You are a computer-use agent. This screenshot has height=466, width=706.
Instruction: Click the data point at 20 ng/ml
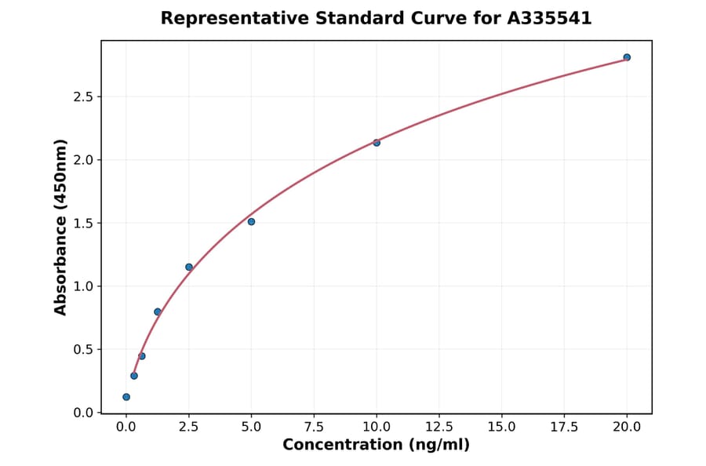pos(627,57)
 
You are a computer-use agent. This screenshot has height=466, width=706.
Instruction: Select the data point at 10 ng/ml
pos(377,143)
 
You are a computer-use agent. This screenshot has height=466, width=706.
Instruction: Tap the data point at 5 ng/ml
pos(251,221)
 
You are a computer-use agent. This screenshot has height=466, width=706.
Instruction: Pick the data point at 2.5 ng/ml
pos(189,267)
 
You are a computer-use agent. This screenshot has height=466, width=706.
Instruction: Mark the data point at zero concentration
pos(126,397)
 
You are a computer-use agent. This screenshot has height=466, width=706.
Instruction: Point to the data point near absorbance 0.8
pos(158,311)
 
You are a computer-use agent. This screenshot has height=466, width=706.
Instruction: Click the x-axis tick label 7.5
pos(314,427)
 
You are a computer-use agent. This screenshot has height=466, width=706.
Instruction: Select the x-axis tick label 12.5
pos(439,427)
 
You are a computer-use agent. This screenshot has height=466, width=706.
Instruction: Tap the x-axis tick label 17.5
pos(564,427)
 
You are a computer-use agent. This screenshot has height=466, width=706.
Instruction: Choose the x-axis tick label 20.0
pos(627,427)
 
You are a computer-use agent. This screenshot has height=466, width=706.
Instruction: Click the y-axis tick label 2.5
pos(84,97)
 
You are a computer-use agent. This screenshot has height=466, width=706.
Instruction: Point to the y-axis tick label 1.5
pos(84,224)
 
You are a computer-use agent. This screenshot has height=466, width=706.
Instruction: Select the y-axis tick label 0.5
pos(84,350)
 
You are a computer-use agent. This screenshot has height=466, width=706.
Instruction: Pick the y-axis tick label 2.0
pos(84,160)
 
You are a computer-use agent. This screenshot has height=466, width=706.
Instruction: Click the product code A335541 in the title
pos(548,18)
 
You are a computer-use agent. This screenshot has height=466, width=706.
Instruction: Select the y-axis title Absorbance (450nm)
pos(61,227)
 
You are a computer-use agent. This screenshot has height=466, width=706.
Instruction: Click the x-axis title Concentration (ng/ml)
pos(376,445)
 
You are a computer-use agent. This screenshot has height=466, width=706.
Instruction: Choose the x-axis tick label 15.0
pos(501,427)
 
